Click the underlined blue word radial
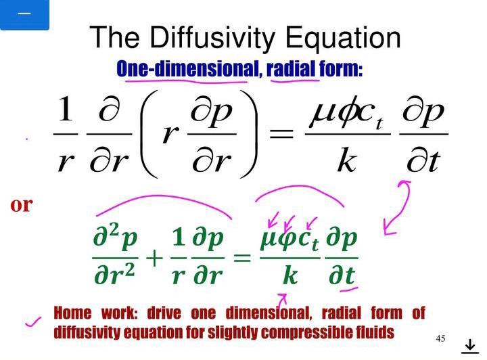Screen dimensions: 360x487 tap(292, 69)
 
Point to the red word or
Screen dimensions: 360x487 tap(21, 204)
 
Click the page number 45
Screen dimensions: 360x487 tap(441, 338)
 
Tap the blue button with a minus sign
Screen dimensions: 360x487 tap(24, 14)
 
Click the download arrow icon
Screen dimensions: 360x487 tap(469, 346)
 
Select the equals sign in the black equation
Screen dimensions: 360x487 tap(282, 134)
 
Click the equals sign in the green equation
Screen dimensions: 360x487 tap(241, 257)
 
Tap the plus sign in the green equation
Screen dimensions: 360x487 tap(154, 257)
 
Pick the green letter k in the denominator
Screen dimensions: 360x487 tap(290, 276)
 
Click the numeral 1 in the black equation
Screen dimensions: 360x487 tap(66, 111)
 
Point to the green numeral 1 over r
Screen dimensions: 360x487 tap(178, 238)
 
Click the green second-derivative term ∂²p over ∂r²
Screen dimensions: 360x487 tap(116, 257)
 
